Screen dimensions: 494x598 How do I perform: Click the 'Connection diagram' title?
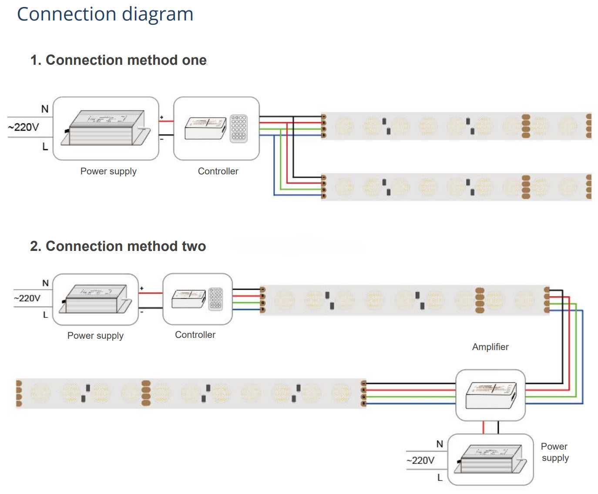pos(105,14)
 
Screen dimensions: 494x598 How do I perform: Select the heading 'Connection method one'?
pos(118,60)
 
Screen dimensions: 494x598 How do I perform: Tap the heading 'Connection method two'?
pos(118,246)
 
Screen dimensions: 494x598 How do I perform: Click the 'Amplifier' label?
pos(490,347)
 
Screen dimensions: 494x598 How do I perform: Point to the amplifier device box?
pos(490,395)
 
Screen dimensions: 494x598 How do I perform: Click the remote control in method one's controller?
pos(239,128)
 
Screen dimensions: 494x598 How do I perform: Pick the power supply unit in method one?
pos(106,128)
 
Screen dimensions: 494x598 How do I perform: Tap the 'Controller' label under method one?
pos(218,171)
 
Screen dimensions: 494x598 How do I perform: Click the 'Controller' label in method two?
pos(195,335)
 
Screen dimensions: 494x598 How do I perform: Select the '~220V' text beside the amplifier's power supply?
pos(420,461)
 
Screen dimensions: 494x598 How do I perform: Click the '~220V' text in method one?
pos(24,127)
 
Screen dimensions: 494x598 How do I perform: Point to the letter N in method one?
pos(45,109)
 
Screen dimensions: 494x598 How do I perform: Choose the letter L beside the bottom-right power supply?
pos(440,477)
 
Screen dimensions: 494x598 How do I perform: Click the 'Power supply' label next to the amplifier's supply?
pos(554,452)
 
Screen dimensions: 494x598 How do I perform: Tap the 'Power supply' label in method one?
pos(108,171)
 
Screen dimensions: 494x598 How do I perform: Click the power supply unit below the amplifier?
pos(490,459)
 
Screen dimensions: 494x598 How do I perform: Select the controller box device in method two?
pos(188,299)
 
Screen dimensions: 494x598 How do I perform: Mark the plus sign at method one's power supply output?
pos(161,117)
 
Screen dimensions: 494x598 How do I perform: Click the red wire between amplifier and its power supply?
pos(483,427)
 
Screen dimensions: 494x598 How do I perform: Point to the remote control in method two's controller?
pos(215,299)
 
